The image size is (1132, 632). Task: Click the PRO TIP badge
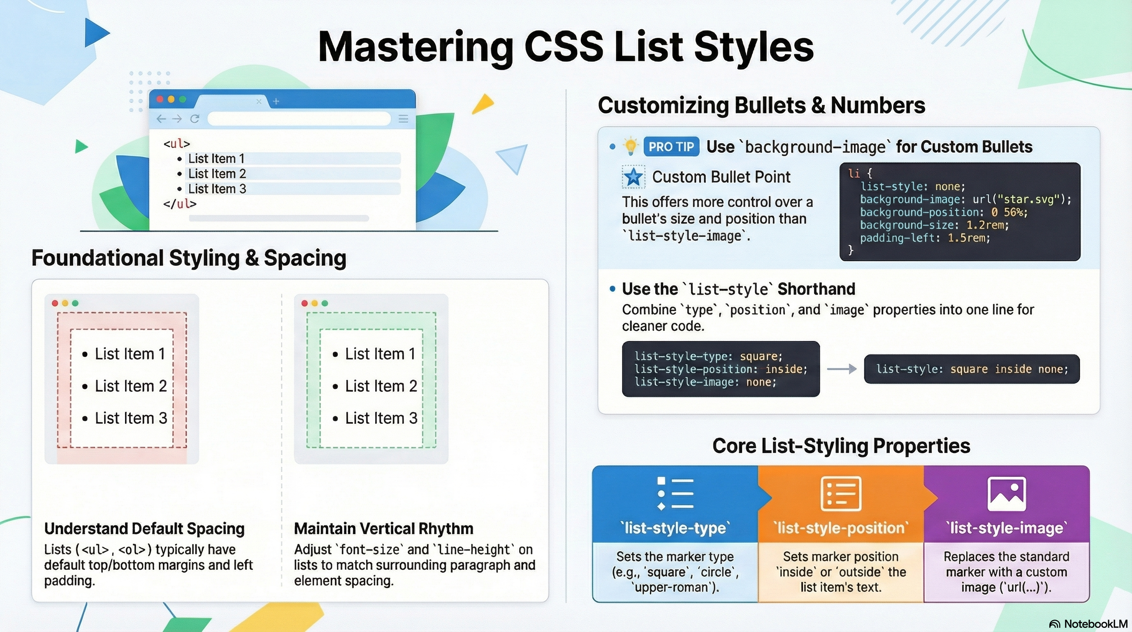(x=671, y=147)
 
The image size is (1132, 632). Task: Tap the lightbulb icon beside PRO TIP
(x=630, y=146)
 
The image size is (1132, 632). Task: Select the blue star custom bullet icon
(x=633, y=177)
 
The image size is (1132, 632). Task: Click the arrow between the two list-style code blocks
(x=842, y=369)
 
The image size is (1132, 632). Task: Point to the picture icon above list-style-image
(x=1006, y=494)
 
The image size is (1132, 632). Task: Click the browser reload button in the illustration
(x=195, y=118)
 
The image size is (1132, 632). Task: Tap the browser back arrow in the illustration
(x=161, y=118)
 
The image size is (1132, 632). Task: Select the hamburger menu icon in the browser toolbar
(x=403, y=118)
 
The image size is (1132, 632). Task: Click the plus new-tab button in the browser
(x=276, y=102)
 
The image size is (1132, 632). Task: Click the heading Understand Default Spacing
(x=144, y=529)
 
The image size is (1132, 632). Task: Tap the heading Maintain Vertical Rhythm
(x=384, y=529)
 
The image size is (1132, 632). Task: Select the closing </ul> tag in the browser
(x=180, y=204)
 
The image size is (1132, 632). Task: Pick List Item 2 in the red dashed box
(x=131, y=386)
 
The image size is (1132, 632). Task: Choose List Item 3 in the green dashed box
(x=381, y=418)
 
